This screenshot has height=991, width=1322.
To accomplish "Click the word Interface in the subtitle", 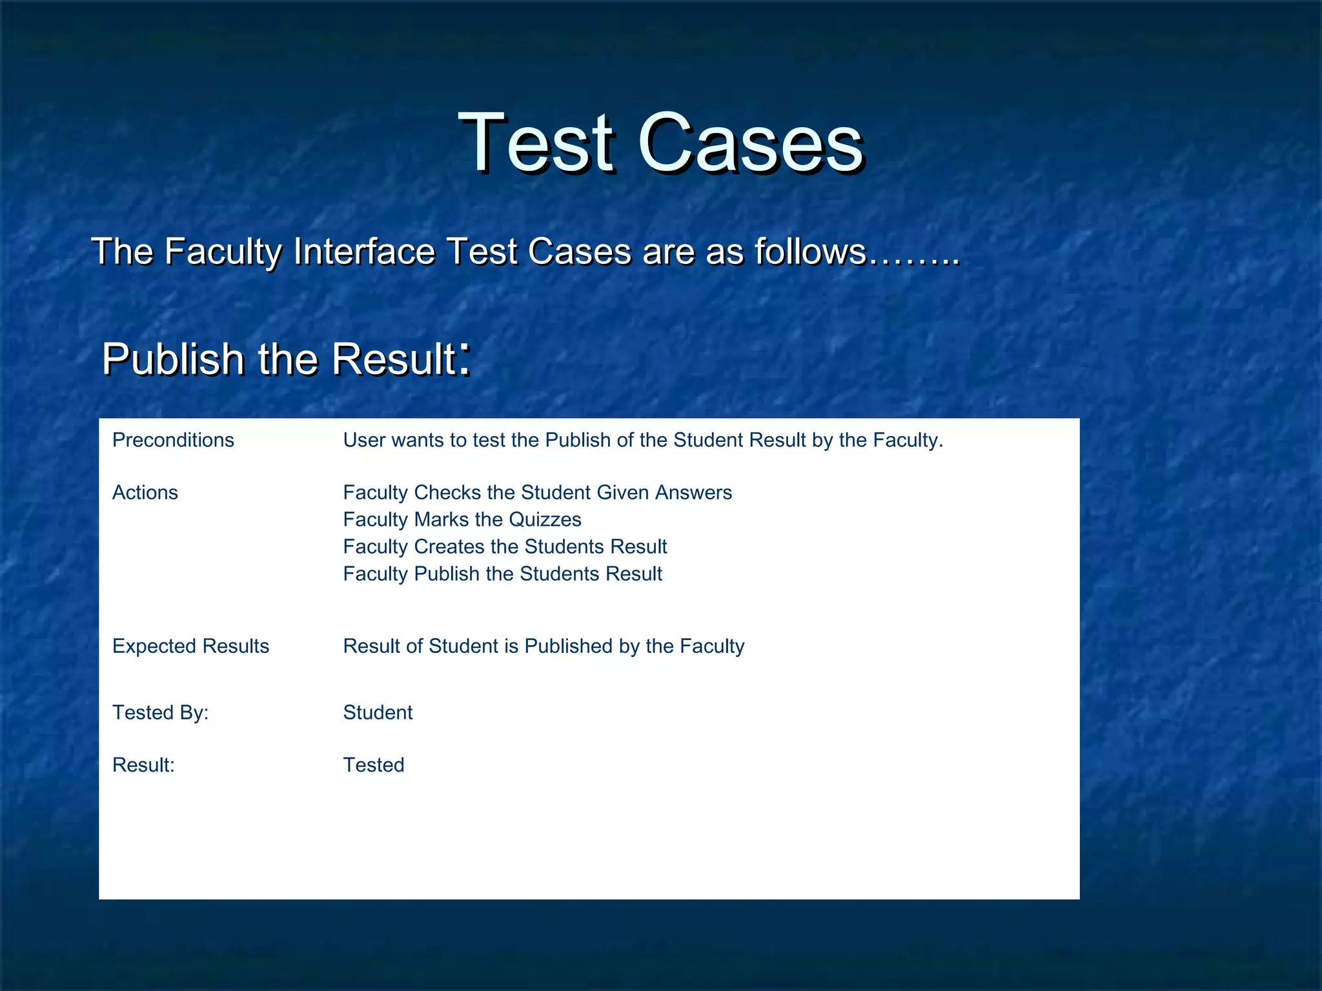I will pos(364,251).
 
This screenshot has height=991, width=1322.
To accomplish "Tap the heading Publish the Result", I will pos(279,359).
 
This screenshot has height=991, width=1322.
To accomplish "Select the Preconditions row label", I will pos(173,440).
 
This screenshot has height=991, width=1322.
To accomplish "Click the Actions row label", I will pos(145,492).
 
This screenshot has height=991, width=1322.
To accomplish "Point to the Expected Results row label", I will pos(190,646).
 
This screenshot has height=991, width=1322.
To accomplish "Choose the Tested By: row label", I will pos(160,712).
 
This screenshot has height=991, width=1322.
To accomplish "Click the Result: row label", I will pos(143,765).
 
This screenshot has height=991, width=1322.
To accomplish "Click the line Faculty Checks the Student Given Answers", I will pos(537,492).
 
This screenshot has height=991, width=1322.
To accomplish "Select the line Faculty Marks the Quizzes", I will pos(462,519).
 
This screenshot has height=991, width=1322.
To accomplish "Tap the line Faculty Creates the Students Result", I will pos(505,546).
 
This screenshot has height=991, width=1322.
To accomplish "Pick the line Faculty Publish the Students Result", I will pos(502,574).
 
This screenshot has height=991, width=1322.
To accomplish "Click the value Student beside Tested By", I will pos(378,712).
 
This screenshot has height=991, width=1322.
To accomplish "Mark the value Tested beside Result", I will pos(374,765).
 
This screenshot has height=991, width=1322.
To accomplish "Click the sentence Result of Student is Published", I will pos(544,646).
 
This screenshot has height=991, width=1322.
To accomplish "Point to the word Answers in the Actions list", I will pos(693,492).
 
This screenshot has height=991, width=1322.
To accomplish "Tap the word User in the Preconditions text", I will pos(364,440).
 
